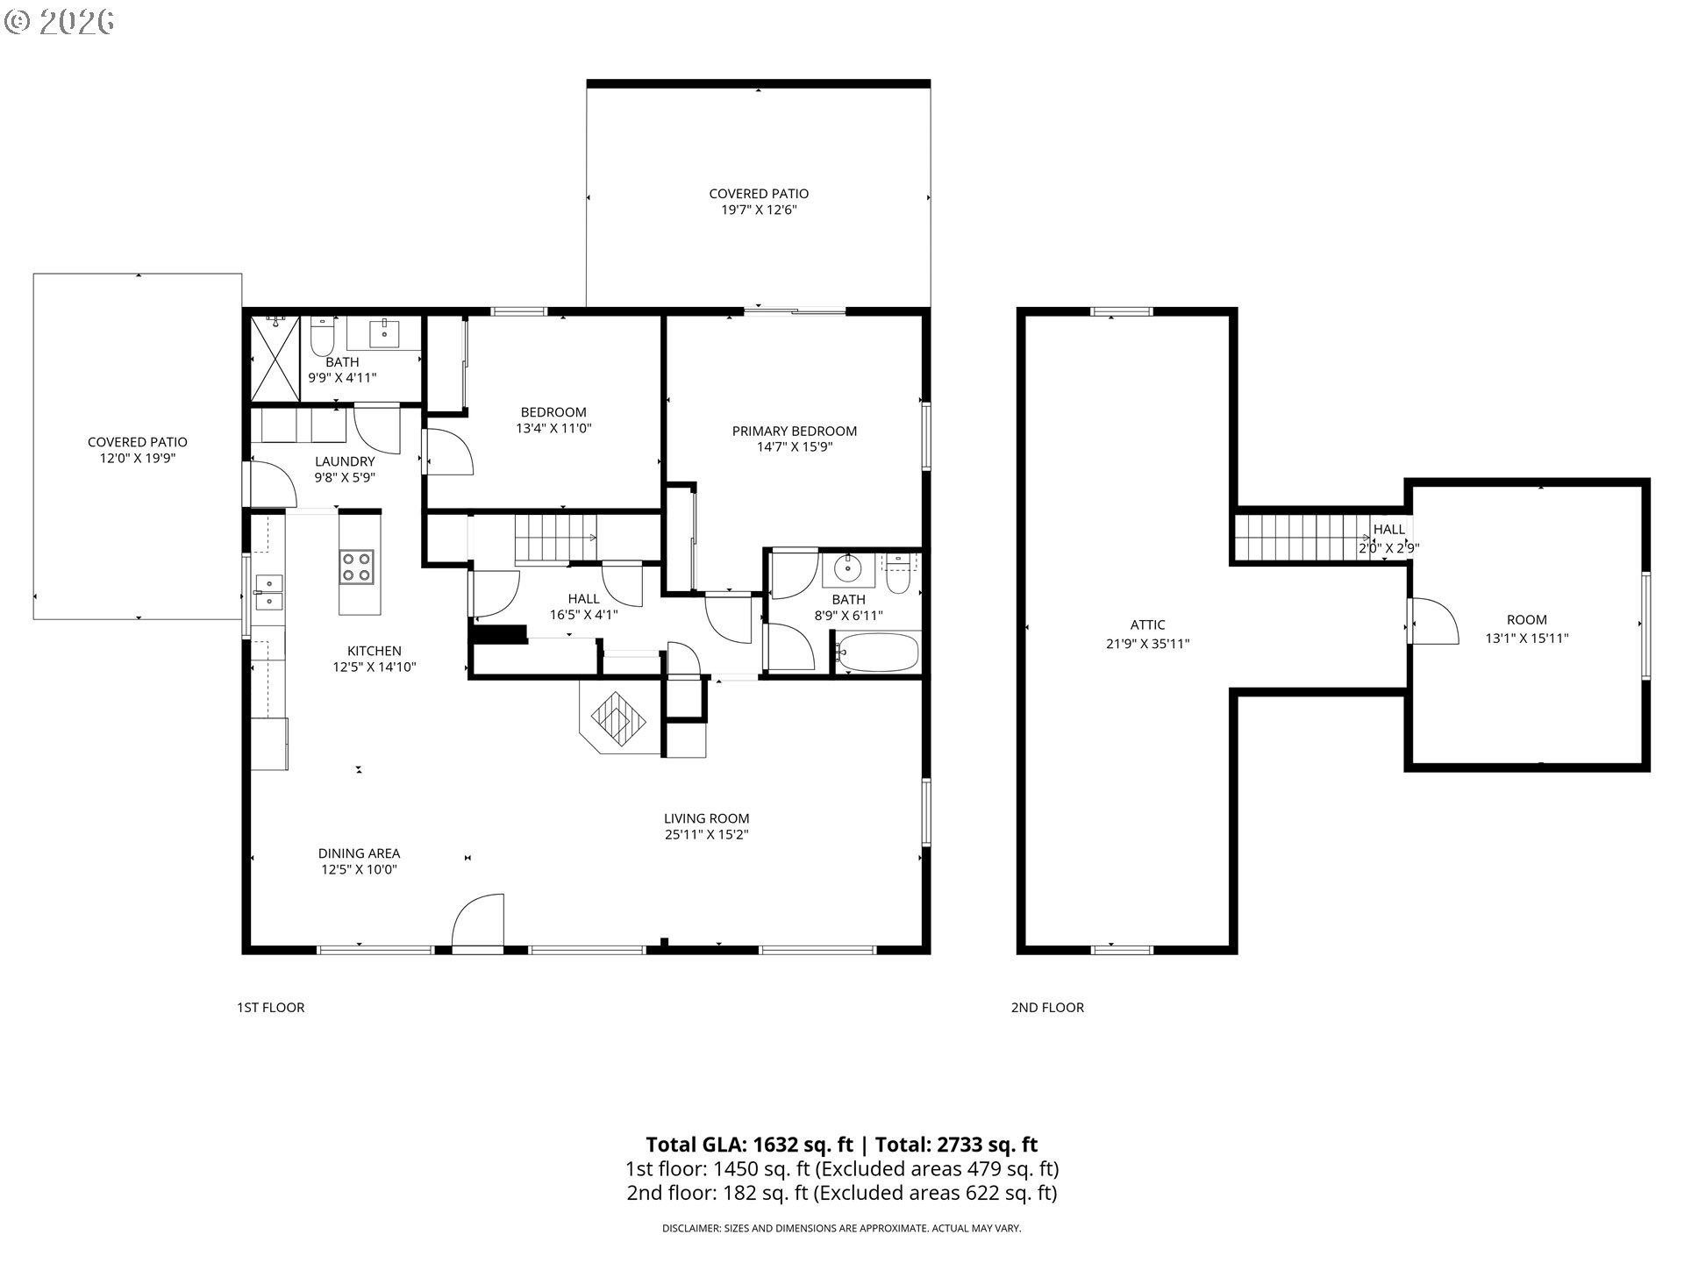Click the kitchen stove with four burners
[357, 566]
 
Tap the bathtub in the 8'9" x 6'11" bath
[877, 653]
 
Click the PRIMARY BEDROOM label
[795, 431]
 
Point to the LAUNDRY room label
[345, 461]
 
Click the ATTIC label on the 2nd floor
[1147, 625]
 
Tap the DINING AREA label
[359, 853]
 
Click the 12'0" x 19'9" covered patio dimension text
[138, 458]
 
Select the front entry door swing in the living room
[478, 921]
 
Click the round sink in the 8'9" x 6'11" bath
[848, 568]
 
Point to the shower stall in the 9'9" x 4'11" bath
[275, 357]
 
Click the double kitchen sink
[268, 592]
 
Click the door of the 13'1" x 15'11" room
[1432, 621]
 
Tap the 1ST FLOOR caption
[271, 1008]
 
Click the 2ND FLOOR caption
[1047, 1008]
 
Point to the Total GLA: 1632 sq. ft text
[749, 1145]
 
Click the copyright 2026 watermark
[59, 21]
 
